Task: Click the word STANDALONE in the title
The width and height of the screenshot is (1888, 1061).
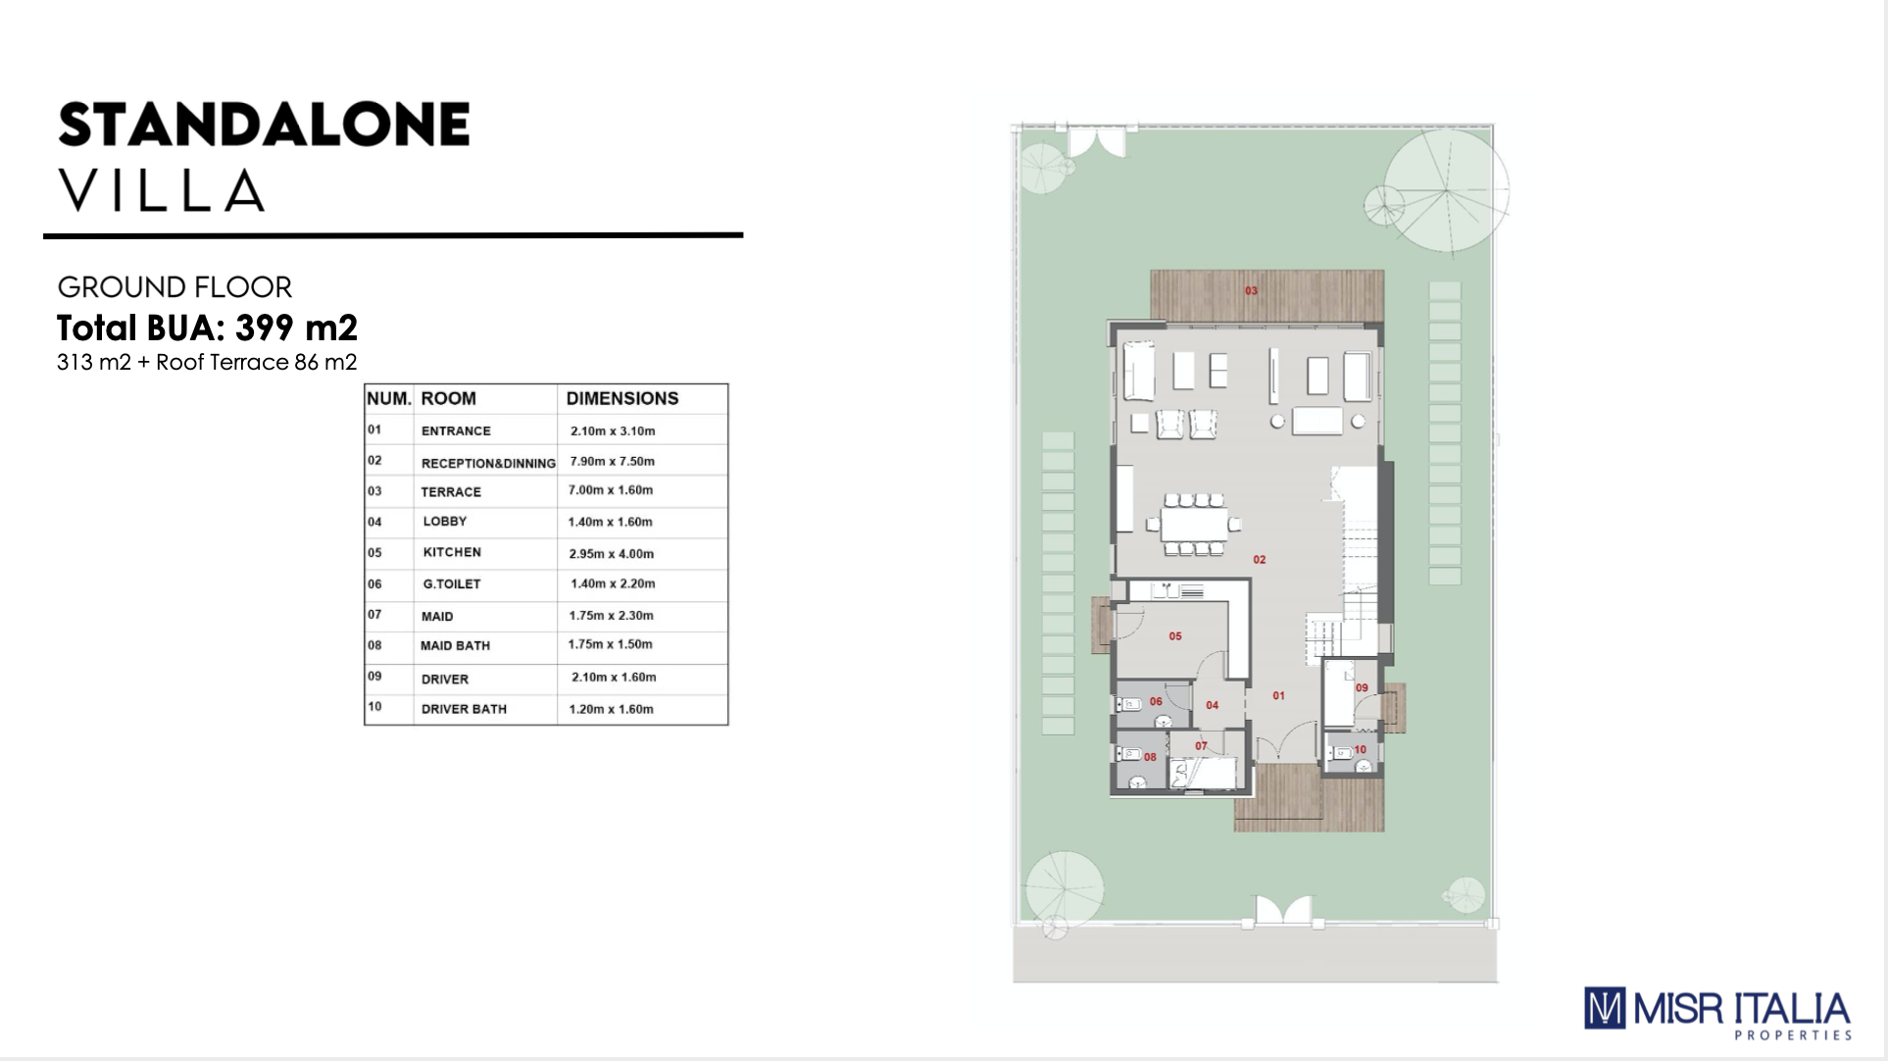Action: pyautogui.click(x=265, y=125)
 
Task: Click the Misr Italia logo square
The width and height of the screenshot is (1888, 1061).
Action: pyautogui.click(x=1605, y=1008)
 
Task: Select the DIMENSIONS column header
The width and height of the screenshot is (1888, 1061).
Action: pyautogui.click(x=622, y=399)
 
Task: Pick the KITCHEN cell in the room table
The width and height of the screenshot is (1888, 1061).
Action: pyautogui.click(x=452, y=552)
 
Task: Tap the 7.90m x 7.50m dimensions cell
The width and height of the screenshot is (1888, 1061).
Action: pyautogui.click(x=613, y=461)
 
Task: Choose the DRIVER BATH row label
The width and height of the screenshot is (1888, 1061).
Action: pyautogui.click(x=464, y=709)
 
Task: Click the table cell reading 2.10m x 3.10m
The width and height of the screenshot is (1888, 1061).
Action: pyautogui.click(x=613, y=430)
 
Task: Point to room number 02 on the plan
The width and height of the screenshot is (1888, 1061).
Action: pyautogui.click(x=1260, y=560)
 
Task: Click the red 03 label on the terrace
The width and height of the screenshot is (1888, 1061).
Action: pyautogui.click(x=1251, y=291)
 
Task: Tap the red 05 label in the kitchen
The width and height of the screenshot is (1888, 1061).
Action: pyautogui.click(x=1175, y=636)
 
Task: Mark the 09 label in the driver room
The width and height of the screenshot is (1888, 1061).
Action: pyautogui.click(x=1362, y=688)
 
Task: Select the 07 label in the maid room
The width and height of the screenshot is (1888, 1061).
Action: pyautogui.click(x=1201, y=746)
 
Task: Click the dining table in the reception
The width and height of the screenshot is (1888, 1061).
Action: pyautogui.click(x=1194, y=525)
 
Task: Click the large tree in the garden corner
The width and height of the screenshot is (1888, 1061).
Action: pyautogui.click(x=1447, y=189)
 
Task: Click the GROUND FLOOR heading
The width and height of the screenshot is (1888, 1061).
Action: pyautogui.click(x=174, y=287)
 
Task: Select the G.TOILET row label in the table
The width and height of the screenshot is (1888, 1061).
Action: pyautogui.click(x=452, y=583)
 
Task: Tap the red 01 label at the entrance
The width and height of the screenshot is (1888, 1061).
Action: pyautogui.click(x=1278, y=696)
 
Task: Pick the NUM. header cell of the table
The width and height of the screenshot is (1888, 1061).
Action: pyautogui.click(x=388, y=399)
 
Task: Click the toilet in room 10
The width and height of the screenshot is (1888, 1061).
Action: pyautogui.click(x=1339, y=754)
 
